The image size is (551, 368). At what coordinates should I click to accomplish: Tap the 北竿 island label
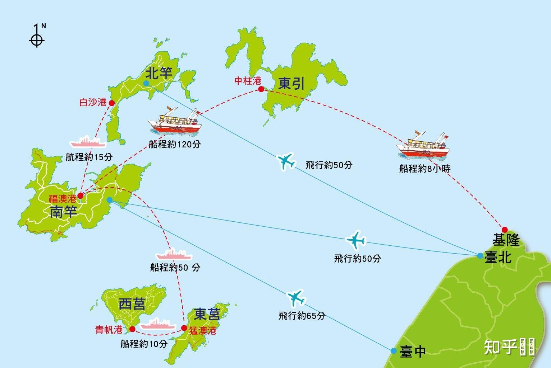[159, 73]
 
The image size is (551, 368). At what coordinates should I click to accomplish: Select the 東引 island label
[291, 84]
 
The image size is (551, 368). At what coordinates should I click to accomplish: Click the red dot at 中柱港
[261, 89]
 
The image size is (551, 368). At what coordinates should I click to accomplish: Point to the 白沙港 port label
[93, 103]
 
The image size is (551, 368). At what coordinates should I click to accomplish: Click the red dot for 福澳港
[81, 196]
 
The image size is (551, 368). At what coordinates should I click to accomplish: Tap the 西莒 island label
[132, 304]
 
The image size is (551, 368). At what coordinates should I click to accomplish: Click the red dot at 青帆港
[132, 329]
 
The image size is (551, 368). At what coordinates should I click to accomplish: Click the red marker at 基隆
[505, 230]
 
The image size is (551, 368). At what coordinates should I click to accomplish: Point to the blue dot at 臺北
[480, 256]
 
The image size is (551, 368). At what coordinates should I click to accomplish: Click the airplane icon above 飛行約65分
[296, 297]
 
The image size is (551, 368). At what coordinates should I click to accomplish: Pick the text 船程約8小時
[425, 168]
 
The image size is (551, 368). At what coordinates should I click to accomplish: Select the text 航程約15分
[89, 157]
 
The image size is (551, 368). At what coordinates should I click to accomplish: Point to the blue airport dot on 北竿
[146, 83]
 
